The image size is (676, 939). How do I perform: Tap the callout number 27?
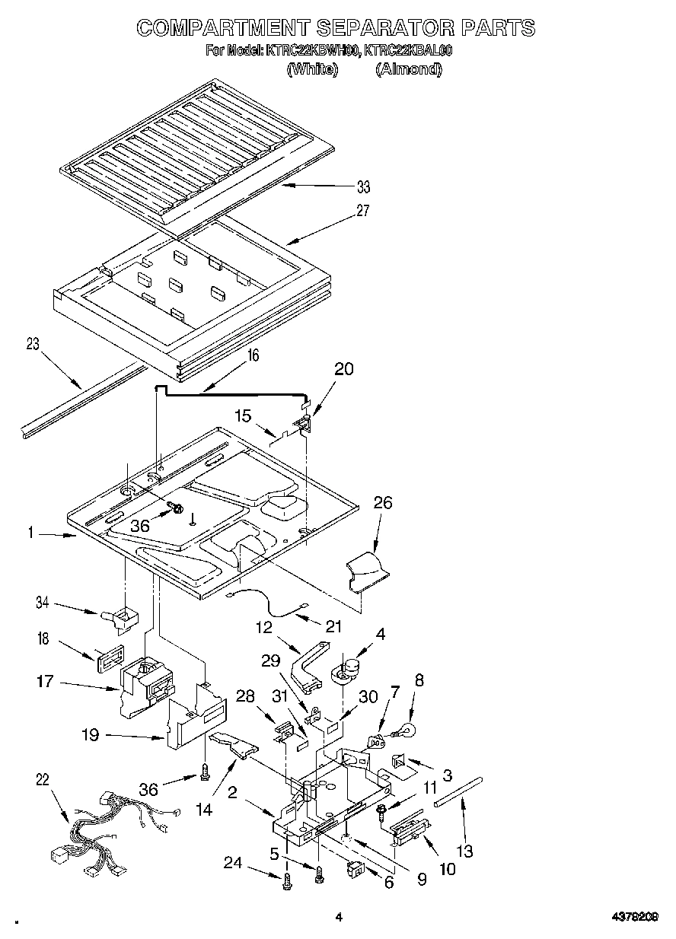(x=363, y=211)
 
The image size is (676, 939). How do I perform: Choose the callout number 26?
(x=383, y=501)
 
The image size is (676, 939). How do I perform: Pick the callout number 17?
(x=45, y=682)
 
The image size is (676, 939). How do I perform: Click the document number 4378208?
(x=635, y=917)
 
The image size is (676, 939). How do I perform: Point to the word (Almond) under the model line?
(x=408, y=69)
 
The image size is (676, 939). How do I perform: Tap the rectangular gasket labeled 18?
(x=110, y=656)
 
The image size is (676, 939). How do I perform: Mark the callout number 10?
(x=448, y=867)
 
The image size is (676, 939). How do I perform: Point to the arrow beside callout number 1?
(x=58, y=536)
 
